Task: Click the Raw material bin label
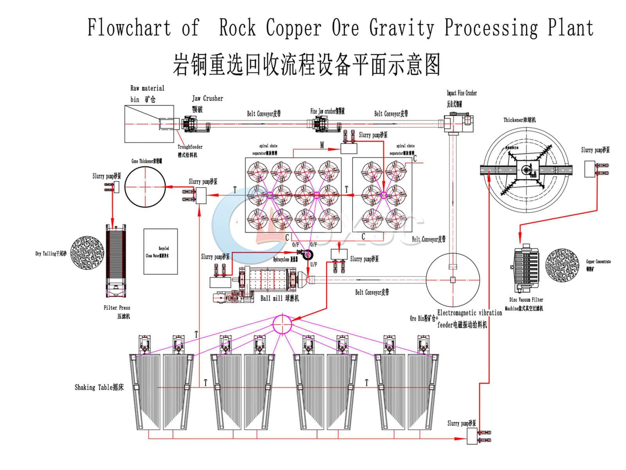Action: point(147,94)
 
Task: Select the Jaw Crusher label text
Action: point(207,99)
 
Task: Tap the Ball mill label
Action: point(279,298)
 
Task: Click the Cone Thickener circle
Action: point(145,187)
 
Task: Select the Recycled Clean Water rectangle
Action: point(160,251)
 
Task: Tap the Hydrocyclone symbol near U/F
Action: point(309,254)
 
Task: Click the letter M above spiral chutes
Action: point(322,145)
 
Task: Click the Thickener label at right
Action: point(519,120)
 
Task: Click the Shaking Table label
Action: point(99,387)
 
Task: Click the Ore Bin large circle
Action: point(453,280)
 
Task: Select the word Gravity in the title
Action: point(401,28)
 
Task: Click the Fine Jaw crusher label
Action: point(327,111)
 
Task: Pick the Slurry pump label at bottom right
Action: point(462,423)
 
